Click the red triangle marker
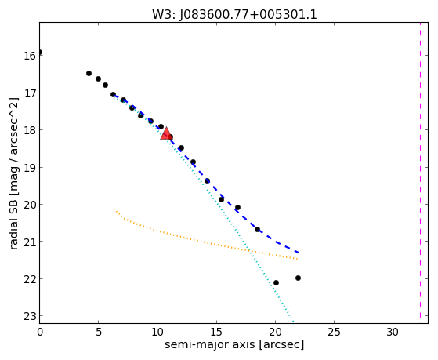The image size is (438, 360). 166,133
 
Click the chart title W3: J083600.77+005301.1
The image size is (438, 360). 234,14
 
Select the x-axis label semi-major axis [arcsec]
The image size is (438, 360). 234,344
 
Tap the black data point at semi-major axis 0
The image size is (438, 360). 40,53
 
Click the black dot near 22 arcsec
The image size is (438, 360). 298,278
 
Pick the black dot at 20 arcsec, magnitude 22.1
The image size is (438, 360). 276,283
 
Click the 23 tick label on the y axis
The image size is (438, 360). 31,316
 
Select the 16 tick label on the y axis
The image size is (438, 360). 31,56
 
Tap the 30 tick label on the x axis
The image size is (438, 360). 393,332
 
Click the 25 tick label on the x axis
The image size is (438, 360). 334,332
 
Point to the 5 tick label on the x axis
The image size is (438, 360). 98,332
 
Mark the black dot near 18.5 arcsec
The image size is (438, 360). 257,229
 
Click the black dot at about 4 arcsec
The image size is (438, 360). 89,73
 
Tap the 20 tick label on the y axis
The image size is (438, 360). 31,205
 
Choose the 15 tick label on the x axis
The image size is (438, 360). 216,332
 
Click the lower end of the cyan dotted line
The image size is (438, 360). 293,322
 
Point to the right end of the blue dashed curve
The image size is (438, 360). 299,253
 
